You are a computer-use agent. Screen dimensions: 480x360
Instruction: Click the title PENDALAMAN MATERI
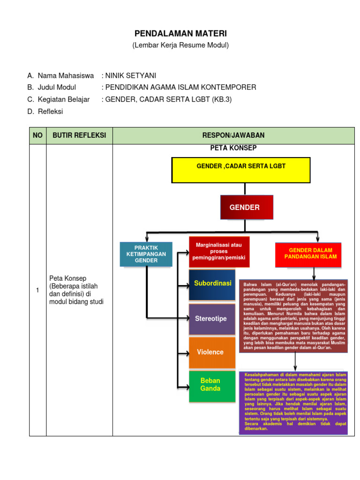[180, 33]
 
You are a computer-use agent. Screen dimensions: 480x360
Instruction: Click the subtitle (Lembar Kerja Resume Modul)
[180, 45]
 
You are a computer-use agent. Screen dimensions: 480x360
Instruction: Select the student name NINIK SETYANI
[131, 75]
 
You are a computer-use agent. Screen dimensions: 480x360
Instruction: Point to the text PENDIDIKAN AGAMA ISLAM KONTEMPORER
[180, 87]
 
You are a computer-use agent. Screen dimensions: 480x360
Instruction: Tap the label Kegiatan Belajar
[64, 99]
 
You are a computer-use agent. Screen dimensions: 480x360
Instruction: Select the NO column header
[37, 135]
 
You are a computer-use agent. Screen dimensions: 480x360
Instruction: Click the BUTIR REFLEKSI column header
[79, 135]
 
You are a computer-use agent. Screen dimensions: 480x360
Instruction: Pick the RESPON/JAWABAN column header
[233, 135]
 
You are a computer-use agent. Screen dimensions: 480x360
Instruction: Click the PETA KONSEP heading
[233, 148]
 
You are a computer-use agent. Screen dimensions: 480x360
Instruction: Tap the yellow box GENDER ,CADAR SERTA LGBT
[241, 170]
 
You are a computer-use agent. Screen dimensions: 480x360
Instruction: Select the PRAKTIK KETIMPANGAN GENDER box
[146, 254]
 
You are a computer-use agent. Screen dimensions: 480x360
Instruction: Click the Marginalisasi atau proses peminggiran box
[219, 252]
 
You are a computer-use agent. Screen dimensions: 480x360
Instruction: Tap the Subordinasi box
[212, 285]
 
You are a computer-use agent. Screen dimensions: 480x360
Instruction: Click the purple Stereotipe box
[212, 319]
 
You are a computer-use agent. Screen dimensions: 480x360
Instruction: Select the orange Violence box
[212, 352]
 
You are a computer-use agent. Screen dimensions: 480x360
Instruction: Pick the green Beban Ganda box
[212, 385]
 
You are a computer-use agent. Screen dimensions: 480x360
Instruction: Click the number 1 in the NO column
[37, 291]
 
